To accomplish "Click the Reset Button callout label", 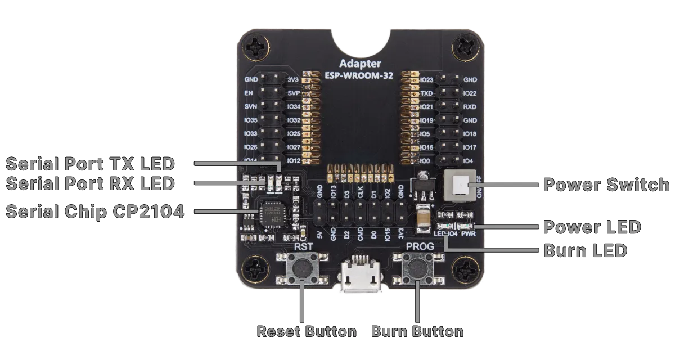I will [x=306, y=331].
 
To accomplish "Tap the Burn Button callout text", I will [x=417, y=331].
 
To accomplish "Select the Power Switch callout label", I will [x=606, y=185].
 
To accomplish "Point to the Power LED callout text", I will [x=592, y=227].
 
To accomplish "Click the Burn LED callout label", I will [x=585, y=250].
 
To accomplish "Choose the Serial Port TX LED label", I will [x=90, y=164].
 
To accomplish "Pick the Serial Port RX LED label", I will [x=90, y=183].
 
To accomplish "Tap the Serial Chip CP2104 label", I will [x=94, y=212].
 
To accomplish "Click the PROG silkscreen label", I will [x=420, y=246].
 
